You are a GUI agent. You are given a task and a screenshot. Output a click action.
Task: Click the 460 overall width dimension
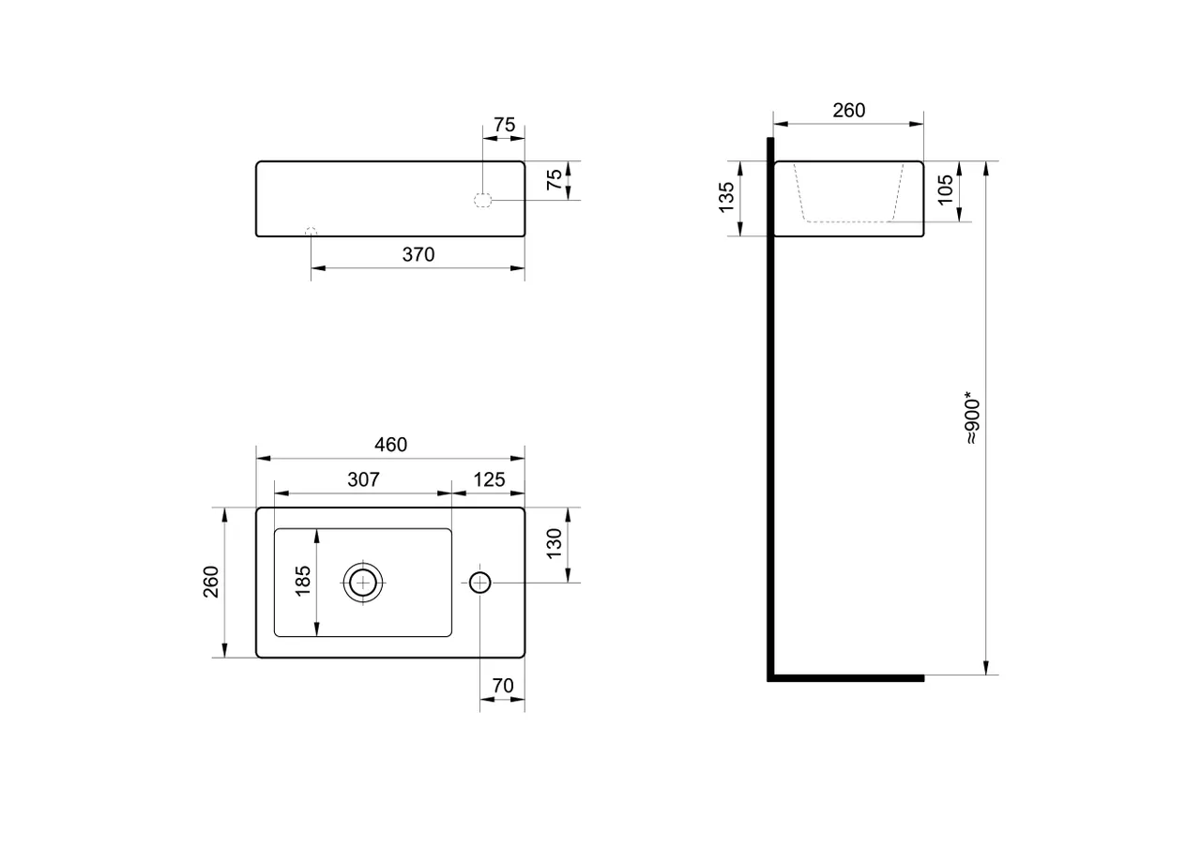click(390, 445)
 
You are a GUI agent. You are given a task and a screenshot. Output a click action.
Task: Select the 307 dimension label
click(363, 479)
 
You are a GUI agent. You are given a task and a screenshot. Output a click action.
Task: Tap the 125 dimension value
click(489, 479)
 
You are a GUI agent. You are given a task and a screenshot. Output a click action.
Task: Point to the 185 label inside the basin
click(303, 581)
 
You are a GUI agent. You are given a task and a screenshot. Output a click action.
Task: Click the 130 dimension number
click(554, 543)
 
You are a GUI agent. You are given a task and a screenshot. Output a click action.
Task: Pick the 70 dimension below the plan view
click(503, 686)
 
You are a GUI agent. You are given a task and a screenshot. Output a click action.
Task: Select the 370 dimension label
click(418, 254)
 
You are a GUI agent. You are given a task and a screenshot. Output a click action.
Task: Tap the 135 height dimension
click(726, 197)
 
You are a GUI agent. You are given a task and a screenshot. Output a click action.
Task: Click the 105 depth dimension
click(945, 190)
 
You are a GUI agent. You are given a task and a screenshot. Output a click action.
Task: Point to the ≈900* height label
click(971, 421)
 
